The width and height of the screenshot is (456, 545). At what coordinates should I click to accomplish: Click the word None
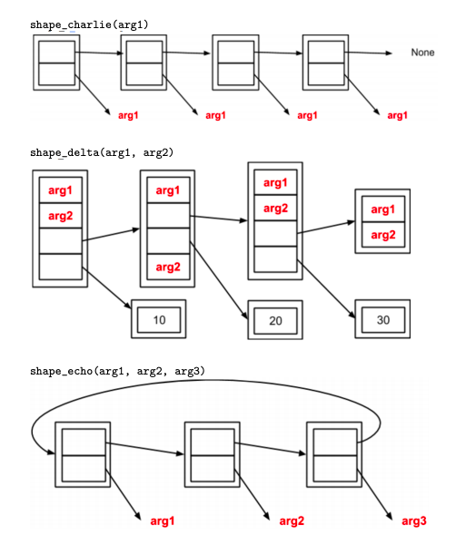click(422, 53)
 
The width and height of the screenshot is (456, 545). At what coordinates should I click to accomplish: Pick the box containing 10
click(158, 319)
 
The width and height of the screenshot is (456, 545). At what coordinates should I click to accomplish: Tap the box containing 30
click(382, 321)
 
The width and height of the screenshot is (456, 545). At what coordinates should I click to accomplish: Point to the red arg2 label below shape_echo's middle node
click(292, 520)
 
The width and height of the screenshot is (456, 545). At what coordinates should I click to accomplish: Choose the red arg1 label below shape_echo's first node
click(161, 520)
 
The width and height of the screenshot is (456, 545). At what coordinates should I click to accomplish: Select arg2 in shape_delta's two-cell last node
click(381, 234)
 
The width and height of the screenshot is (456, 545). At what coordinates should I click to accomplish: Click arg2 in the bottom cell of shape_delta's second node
click(168, 267)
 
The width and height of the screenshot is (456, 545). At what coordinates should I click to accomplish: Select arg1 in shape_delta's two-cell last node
click(381, 209)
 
